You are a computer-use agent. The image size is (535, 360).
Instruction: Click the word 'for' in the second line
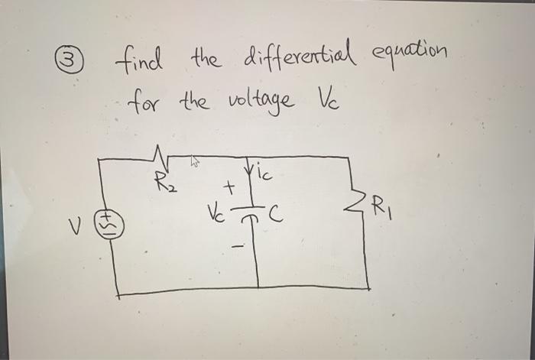pos(145,99)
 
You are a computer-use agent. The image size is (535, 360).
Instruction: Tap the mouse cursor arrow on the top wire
pos(196,161)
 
